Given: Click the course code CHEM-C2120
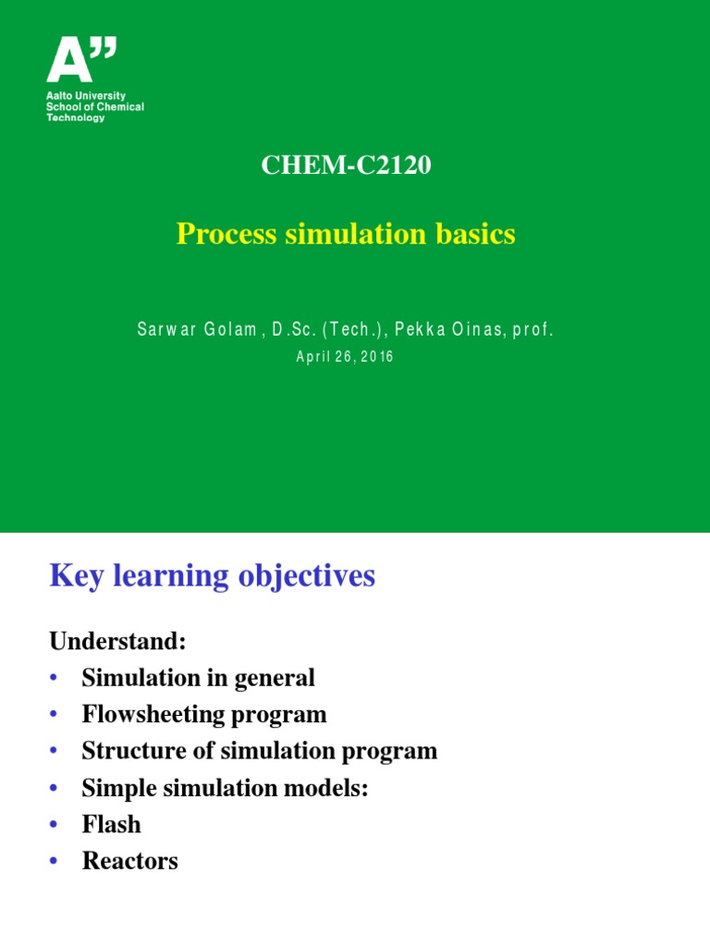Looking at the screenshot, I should pyautogui.click(x=346, y=166).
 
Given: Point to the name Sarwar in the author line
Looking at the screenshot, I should pyautogui.click(x=164, y=329).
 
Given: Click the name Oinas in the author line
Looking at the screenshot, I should pyautogui.click(x=474, y=329).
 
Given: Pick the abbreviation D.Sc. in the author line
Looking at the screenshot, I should pyautogui.click(x=292, y=329).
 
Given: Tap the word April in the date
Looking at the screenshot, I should pyautogui.click(x=312, y=357).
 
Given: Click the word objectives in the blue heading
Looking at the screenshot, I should pyautogui.click(x=307, y=576).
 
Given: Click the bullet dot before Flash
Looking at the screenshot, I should pyautogui.click(x=55, y=825).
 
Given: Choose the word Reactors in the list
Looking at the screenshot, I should pyautogui.click(x=129, y=861).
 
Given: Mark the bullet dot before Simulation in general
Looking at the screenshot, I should pyautogui.click(x=55, y=678).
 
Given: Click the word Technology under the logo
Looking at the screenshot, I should pyautogui.click(x=76, y=117).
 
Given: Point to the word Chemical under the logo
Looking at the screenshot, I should pyautogui.click(x=122, y=107).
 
